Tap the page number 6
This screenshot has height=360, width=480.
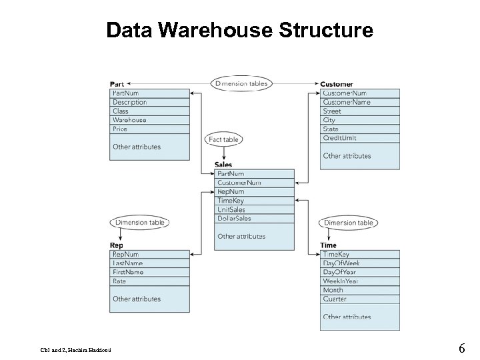pos(461,348)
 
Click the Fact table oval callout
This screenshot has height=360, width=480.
pos(223,139)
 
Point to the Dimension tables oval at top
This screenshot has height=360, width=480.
pos(241,83)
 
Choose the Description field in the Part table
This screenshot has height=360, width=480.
pos(129,102)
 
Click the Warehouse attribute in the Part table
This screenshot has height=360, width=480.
pos(129,120)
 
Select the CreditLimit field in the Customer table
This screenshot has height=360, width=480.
pos(339,138)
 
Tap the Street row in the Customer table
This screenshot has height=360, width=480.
pos(332,111)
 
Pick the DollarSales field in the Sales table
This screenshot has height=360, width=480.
pos(234,218)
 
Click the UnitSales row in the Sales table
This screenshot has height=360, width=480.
pos(231,209)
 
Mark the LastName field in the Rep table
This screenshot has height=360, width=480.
pos(127,263)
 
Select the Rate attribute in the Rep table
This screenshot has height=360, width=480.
pos(119,281)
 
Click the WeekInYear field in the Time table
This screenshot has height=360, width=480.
pos(341,281)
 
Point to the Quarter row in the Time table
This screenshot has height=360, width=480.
pos(335,299)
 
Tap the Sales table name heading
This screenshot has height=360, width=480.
pos(223,165)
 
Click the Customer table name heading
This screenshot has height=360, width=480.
pos(337,84)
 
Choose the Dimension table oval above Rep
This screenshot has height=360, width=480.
pos(140,223)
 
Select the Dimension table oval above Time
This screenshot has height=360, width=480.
pos(349,223)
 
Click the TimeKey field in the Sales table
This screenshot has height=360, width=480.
pos(231,200)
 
